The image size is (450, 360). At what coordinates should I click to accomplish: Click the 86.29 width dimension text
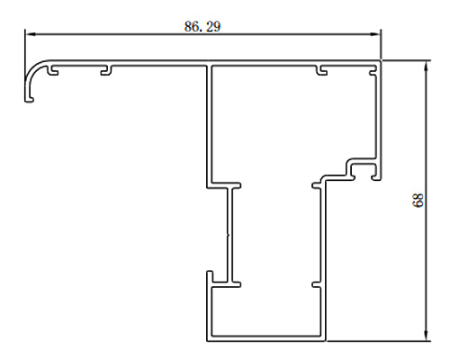coord(202,26)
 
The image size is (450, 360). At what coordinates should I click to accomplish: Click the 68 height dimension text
coord(418,200)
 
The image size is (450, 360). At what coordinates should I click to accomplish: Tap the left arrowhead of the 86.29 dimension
coord(30,34)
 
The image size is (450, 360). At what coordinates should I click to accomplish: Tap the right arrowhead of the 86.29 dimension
coord(375,34)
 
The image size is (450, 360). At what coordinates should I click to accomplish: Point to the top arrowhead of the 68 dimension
coord(427,66)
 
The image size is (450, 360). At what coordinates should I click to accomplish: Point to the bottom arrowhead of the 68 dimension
coord(427,336)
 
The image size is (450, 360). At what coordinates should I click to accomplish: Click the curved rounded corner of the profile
coord(33,69)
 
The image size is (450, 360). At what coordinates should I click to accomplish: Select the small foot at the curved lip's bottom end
coord(30,99)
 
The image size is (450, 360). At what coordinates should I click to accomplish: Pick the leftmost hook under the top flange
coord(53,70)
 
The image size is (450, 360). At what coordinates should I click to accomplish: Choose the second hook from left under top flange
coord(106,70)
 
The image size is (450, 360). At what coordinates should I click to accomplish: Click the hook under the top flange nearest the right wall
coord(322,70)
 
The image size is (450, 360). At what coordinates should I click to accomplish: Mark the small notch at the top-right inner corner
coord(373,72)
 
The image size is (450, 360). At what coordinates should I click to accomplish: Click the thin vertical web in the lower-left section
coord(230,235)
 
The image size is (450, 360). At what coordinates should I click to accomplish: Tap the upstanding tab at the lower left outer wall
coord(210,277)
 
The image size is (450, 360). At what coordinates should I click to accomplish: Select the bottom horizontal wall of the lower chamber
coord(266,338)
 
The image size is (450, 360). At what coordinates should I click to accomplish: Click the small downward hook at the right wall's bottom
coord(375,175)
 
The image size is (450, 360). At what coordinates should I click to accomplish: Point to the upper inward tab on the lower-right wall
coord(316,185)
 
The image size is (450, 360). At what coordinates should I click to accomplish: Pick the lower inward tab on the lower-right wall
coord(316,284)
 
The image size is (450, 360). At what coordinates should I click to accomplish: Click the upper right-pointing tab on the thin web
coord(237,185)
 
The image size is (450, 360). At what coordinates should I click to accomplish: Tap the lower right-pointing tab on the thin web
coord(237,284)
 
